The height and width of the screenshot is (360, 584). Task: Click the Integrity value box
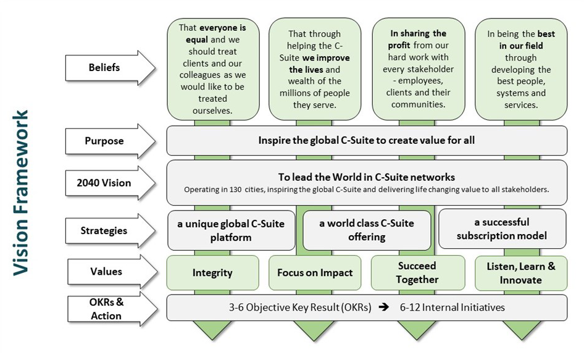212,273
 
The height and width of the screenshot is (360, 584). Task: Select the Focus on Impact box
315,273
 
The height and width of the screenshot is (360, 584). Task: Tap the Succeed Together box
417,273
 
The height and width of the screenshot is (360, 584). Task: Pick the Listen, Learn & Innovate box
521,273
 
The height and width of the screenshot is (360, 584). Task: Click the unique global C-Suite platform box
231,230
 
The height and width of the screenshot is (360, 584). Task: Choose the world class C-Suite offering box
367,230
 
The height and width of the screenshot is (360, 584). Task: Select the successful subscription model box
502,229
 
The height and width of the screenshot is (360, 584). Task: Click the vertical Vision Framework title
22,191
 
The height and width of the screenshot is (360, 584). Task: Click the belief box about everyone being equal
212,69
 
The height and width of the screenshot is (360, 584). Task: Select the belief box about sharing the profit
418,69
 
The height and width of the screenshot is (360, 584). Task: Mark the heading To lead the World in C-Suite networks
366,178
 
